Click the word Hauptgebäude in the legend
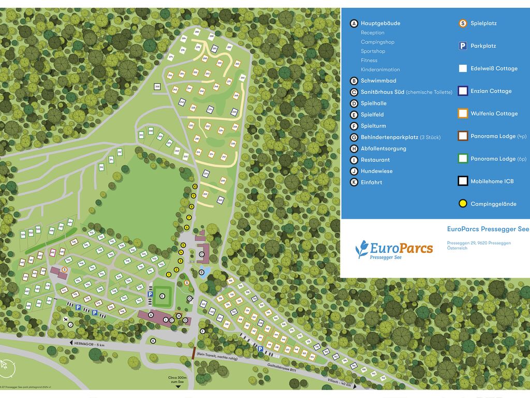coord(380,23)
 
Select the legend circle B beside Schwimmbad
coord(354,81)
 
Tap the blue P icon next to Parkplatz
coord(463,46)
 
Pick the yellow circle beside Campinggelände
coord(463,204)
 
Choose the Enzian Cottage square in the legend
coord(463,91)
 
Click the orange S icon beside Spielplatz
coord(463,23)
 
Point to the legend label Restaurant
coord(375,160)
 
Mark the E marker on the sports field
coord(162,296)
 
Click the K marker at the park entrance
coord(153,340)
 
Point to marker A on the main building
coord(151,315)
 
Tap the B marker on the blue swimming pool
coord(201,272)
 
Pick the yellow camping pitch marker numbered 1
coord(170,274)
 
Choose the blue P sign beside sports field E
coord(150,294)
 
